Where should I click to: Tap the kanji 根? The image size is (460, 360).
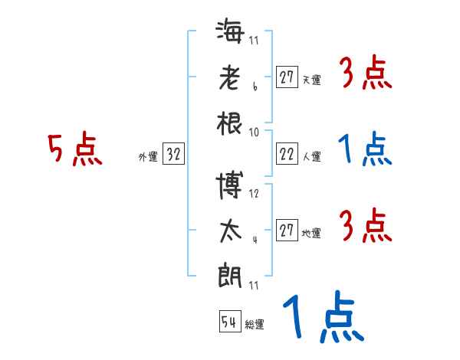tap(230, 123)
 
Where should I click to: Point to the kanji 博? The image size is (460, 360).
tap(230, 183)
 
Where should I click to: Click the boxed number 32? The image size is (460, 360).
tap(173, 155)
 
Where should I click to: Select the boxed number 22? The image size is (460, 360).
tap(287, 154)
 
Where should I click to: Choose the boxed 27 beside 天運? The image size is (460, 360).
tap(287, 77)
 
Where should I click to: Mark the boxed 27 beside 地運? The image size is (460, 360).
tap(287, 231)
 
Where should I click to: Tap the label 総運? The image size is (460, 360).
tap(255, 325)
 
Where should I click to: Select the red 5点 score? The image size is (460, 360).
tap(74, 150)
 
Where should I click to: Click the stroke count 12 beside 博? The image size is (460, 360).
tap(255, 193)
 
